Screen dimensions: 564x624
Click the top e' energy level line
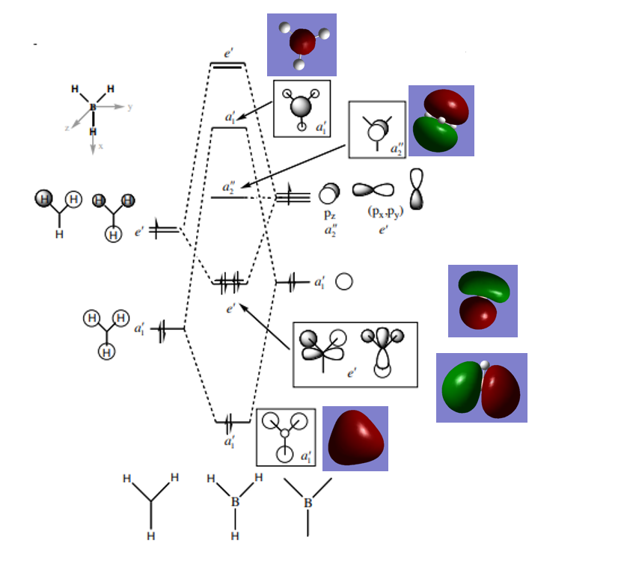[227, 66]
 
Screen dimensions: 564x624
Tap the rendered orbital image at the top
[302, 44]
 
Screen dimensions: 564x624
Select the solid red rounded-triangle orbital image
[355, 438]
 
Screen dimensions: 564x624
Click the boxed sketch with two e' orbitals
[355, 354]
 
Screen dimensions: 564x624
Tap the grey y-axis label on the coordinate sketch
[130, 107]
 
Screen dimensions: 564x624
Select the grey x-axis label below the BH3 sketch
[101, 147]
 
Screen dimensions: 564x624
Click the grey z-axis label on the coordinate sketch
[67, 128]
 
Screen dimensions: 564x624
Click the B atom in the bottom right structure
[308, 503]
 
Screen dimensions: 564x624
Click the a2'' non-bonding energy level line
[228, 197]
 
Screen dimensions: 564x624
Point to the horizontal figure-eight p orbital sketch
[373, 191]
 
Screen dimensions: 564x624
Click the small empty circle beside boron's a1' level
[344, 282]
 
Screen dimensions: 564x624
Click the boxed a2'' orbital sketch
[376, 129]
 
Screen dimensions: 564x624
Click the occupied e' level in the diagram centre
[229, 283]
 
